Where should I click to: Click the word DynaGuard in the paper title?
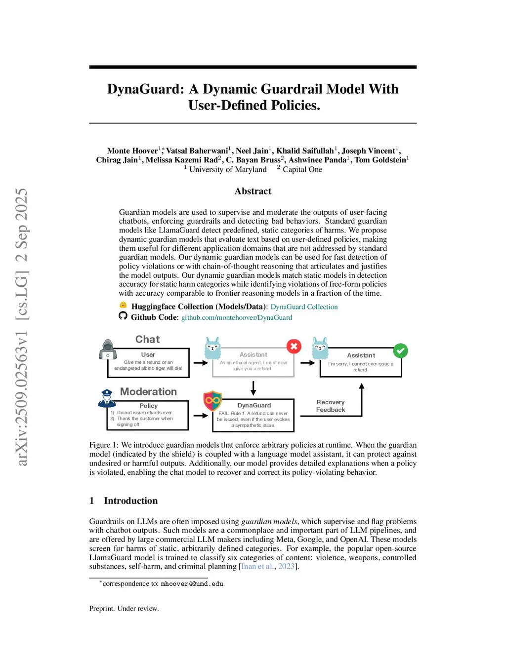point(145,89)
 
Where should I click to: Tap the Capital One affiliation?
point(302,169)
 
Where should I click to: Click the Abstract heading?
point(253,191)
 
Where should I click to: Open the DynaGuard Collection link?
point(304,307)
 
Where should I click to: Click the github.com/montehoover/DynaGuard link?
point(236,317)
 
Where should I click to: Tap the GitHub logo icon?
point(123,316)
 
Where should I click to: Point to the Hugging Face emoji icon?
point(123,306)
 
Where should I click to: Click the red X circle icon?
point(294,346)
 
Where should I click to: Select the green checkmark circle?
point(400,350)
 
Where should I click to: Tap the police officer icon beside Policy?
point(107,398)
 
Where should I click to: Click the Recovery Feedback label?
point(331,406)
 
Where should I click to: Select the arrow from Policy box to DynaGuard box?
point(200,416)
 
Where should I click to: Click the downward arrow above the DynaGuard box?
point(253,388)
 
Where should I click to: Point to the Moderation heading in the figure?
point(148,391)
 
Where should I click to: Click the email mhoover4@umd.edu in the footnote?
point(192,584)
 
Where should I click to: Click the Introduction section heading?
point(130,500)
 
